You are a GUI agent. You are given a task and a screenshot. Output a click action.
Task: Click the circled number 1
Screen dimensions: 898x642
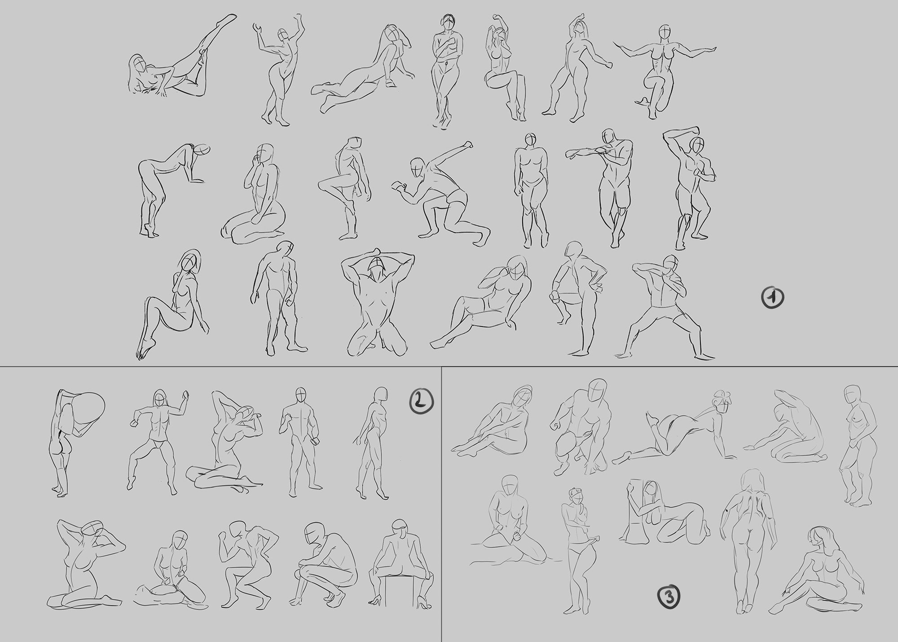772,298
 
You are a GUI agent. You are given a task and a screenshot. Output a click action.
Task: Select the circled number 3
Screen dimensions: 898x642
669,597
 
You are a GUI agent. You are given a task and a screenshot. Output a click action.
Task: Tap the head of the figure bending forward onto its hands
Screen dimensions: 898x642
201,150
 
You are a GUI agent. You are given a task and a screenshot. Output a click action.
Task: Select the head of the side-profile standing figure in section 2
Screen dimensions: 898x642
382,394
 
